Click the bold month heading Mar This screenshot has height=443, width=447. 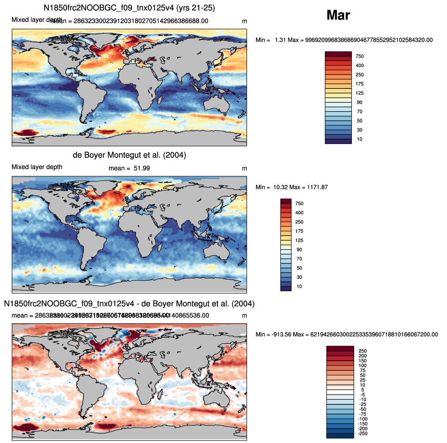338,15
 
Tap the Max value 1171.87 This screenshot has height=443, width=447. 317,187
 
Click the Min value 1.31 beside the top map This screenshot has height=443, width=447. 280,40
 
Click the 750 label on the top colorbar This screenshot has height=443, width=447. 360,56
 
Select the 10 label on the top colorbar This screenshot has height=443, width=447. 360,139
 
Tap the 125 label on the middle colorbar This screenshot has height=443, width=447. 299,241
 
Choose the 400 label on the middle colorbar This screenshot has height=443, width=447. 299,213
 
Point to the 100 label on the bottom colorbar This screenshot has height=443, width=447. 362,366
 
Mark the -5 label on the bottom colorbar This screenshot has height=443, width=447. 362,395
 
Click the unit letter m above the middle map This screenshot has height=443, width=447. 244,168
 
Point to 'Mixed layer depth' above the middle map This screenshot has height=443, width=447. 37,167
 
